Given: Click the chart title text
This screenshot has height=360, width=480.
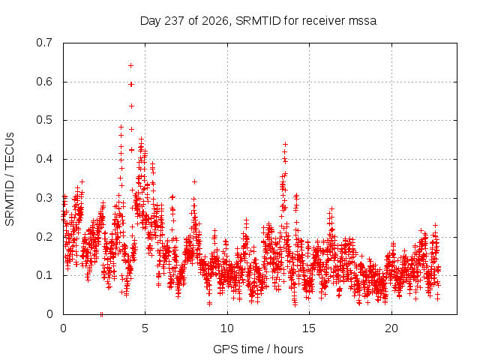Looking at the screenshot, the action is [x=258, y=21].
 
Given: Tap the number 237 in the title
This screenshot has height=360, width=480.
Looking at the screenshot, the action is [x=174, y=21].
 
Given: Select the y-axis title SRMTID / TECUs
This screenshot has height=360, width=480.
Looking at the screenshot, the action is [x=10, y=179].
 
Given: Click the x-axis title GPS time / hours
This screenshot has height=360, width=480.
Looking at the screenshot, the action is [x=258, y=349].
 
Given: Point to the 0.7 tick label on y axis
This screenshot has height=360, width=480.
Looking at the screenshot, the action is [x=44, y=43].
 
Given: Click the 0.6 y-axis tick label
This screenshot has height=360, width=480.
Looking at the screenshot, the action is [x=44, y=82].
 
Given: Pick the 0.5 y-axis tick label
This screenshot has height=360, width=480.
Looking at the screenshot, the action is [x=44, y=120].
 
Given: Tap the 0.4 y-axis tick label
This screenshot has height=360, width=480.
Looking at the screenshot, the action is [x=44, y=159].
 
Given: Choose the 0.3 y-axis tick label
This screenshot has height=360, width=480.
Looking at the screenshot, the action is [x=44, y=198].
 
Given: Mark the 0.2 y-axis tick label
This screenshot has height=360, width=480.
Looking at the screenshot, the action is [x=44, y=237].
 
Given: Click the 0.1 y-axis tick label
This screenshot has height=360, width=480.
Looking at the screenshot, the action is [x=44, y=275].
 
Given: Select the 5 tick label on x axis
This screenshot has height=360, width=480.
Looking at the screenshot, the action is [x=145, y=328].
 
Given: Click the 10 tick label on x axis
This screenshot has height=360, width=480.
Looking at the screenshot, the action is [x=227, y=328].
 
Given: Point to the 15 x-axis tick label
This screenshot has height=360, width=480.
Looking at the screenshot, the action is [x=309, y=328].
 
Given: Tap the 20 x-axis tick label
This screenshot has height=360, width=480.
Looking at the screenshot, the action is [x=391, y=328].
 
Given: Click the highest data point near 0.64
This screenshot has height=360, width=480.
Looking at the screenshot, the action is [x=130, y=65].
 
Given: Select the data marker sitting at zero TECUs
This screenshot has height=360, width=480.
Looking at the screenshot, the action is [x=102, y=314].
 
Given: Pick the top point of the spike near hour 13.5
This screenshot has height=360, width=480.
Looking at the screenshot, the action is [x=285, y=144].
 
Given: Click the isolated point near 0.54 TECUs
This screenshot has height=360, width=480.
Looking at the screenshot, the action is [x=131, y=106].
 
